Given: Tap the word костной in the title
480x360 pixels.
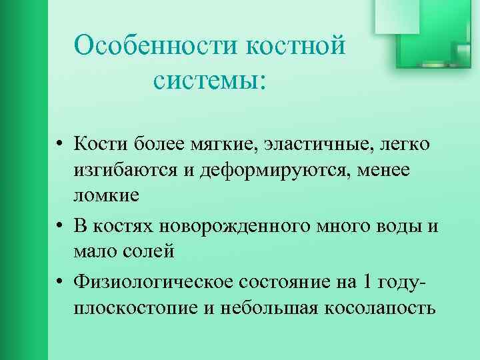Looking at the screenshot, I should [296, 47].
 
